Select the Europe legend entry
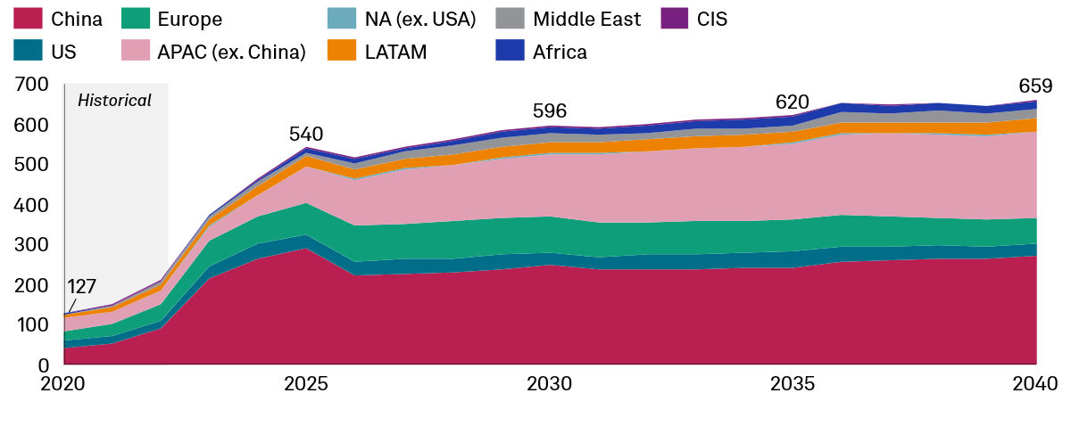click(x=189, y=18)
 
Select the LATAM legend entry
click(x=395, y=52)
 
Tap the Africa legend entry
click(x=560, y=52)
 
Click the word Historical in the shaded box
click(x=114, y=101)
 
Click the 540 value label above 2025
click(x=306, y=135)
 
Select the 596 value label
click(x=550, y=111)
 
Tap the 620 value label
click(x=792, y=101)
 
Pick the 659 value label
click(x=1035, y=86)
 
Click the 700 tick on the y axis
click(x=31, y=85)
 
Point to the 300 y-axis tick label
click(x=31, y=245)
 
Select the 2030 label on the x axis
click(x=550, y=384)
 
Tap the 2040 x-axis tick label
click(x=1035, y=384)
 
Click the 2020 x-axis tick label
click(x=64, y=384)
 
